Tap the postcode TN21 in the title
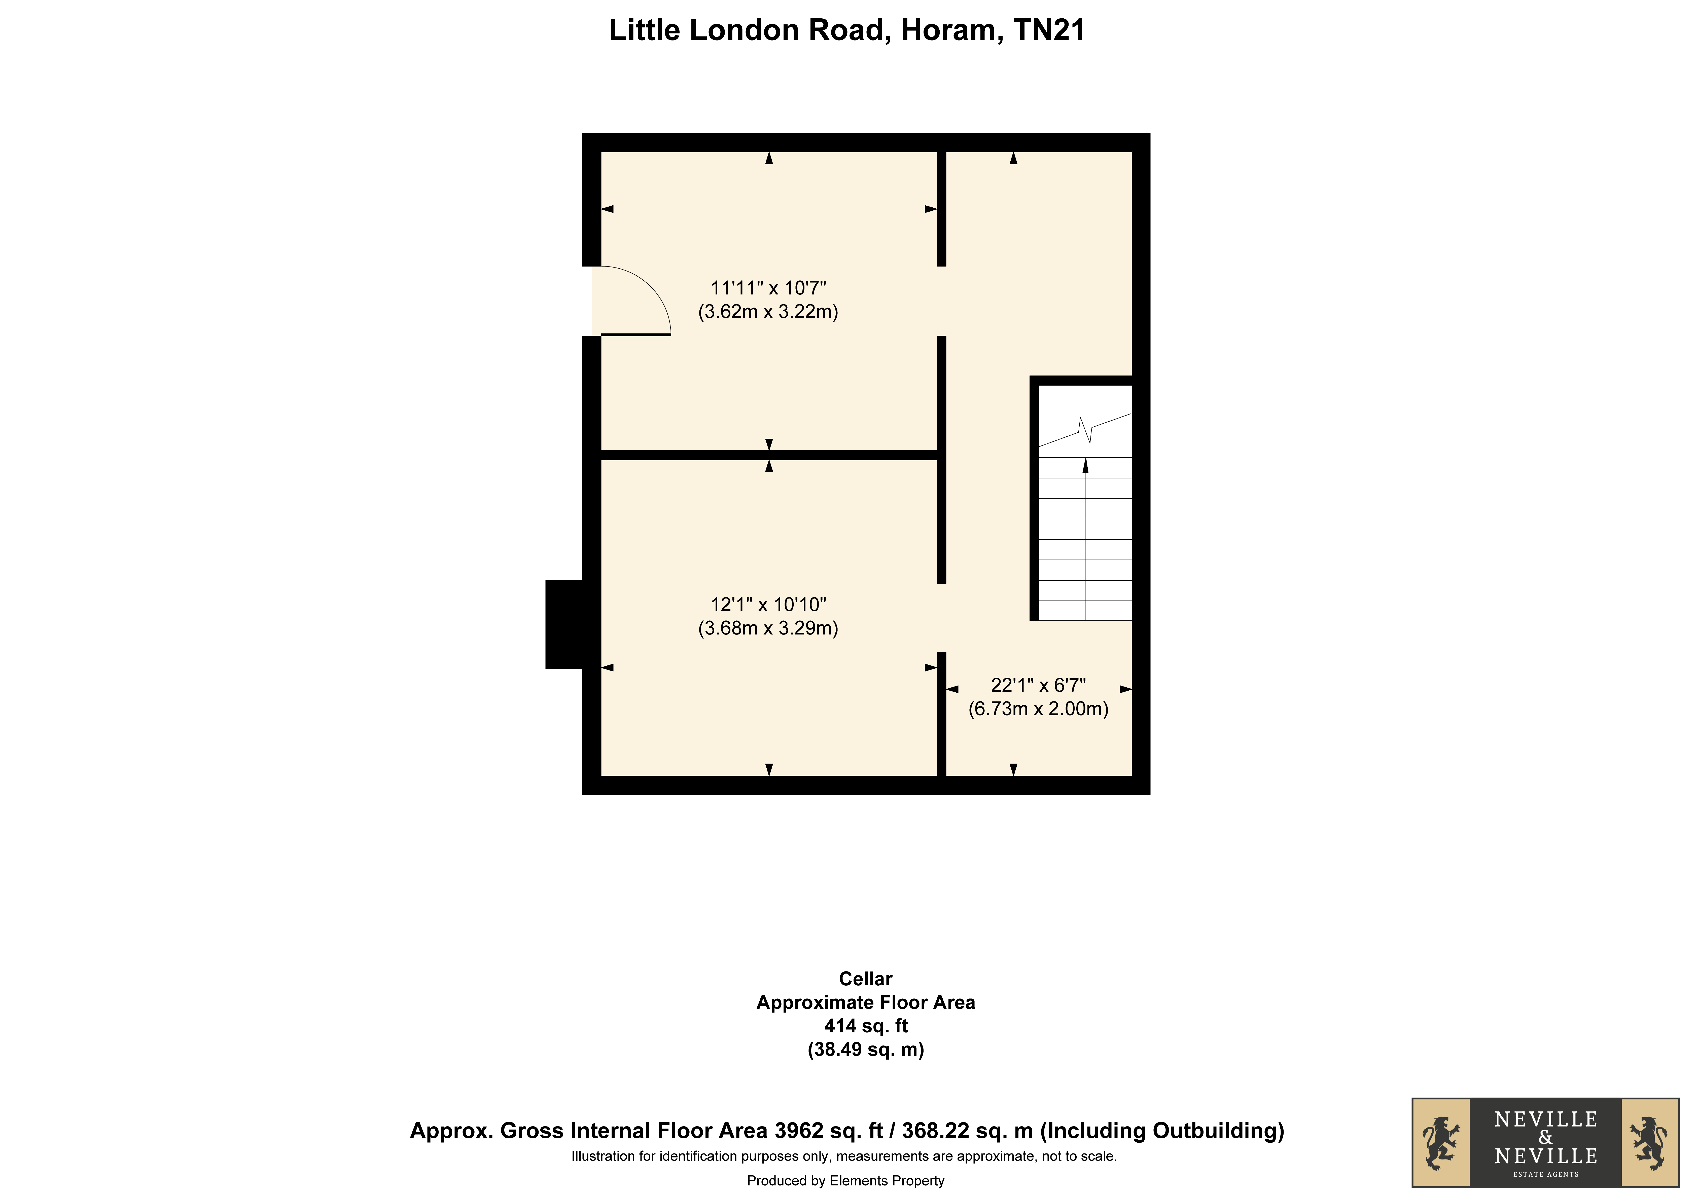pos(1049,30)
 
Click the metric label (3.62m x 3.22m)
pos(768,312)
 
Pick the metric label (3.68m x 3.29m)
pos(768,628)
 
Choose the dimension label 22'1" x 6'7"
pos(1039,685)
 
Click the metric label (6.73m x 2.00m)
pos(1039,709)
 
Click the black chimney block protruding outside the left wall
pos(564,625)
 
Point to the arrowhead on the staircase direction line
pos(1086,465)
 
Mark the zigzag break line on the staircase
pos(1085,430)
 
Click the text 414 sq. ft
pos(866,1026)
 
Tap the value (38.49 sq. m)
pos(866,1050)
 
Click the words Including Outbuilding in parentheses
pos(1163,1131)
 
